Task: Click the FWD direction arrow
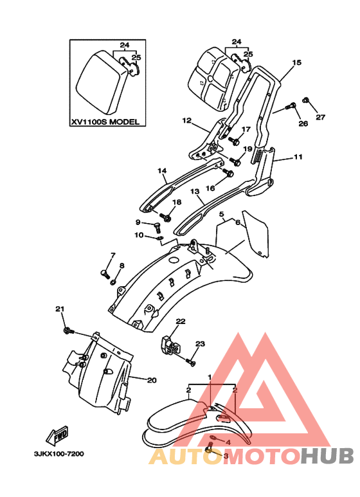point(57,436)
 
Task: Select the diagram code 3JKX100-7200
point(59,454)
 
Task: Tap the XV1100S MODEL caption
point(105,122)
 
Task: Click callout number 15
point(296,62)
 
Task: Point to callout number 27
point(320,117)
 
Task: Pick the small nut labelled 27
point(305,100)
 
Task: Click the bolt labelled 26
point(291,106)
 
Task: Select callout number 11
point(298,157)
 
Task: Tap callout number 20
point(152,380)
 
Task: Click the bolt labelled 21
point(69,331)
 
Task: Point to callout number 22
point(180,321)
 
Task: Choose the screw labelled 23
point(190,361)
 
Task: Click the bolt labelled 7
point(105,274)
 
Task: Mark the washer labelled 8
point(113,282)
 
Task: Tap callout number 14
point(162,171)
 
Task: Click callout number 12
point(187,120)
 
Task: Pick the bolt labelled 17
point(235,141)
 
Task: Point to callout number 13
point(195,192)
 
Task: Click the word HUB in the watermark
point(327,457)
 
